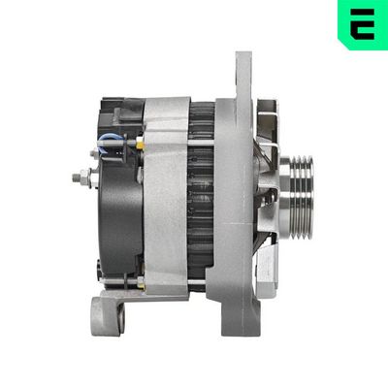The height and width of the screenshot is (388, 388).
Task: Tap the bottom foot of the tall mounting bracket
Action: [238, 315]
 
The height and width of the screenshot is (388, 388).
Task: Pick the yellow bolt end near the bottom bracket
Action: [140, 281]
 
